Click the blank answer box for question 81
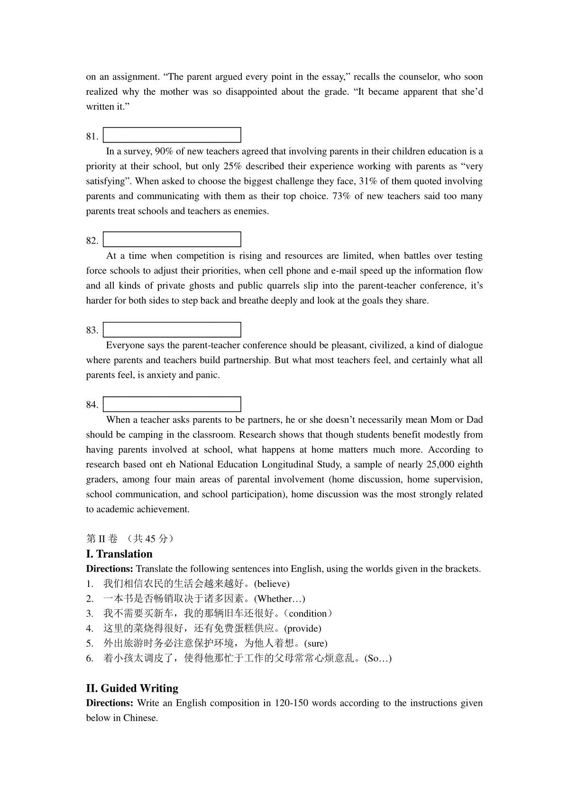click(172, 135)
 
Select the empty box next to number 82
click(172, 239)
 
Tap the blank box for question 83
click(172, 329)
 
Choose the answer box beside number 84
click(172, 404)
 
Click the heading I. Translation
click(119, 554)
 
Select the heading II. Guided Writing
click(132, 688)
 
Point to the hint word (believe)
click(272, 584)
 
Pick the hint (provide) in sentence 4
click(303, 629)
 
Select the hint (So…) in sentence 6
click(378, 659)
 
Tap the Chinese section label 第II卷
click(101, 539)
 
